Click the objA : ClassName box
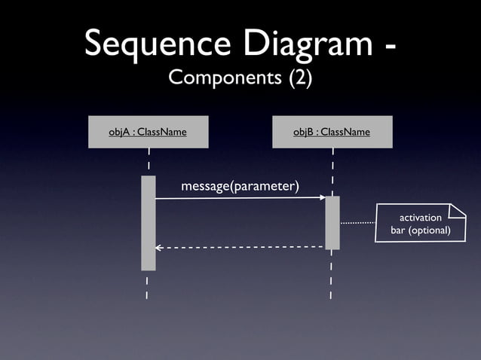point(148,132)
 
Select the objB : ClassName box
point(332,132)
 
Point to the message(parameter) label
point(240,186)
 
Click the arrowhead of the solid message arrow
point(322,198)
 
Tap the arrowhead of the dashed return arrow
point(158,247)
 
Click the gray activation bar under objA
point(148,223)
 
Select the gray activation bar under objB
point(332,222)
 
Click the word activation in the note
point(421,218)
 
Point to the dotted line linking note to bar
point(357,223)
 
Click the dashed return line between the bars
point(241,247)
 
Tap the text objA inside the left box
point(118,132)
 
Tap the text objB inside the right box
point(304,132)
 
